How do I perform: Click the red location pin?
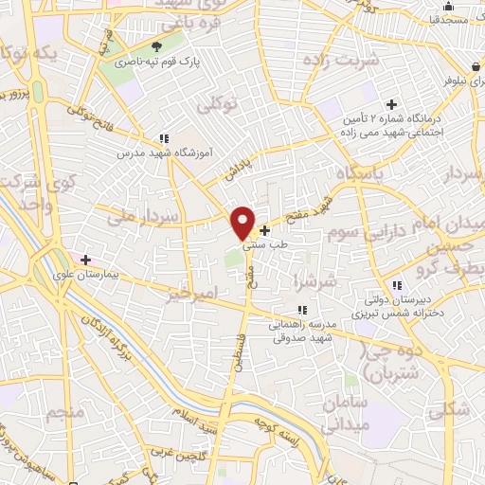[243, 221]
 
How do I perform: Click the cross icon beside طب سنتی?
[264, 230]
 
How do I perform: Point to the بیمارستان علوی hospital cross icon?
[85, 259]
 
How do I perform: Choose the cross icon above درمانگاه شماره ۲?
[389, 104]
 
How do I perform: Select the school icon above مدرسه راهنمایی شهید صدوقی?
[301, 309]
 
